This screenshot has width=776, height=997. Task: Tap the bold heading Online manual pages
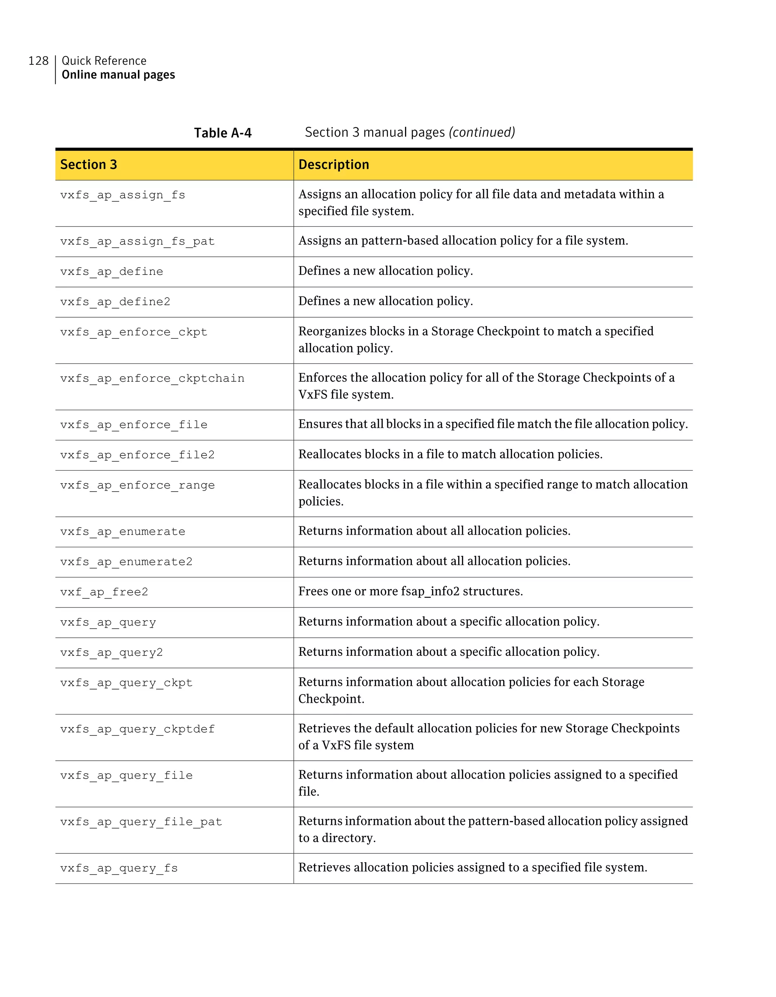pos(118,75)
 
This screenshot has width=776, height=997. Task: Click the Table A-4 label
pos(222,133)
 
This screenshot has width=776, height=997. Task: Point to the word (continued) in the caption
pos(482,133)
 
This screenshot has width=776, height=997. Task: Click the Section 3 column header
pos(89,165)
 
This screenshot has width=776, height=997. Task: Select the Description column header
pos(333,165)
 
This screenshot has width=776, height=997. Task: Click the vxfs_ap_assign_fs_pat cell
pos(137,242)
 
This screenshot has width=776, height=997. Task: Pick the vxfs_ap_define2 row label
pos(115,302)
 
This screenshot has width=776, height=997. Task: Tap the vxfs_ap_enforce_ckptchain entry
pos(152,378)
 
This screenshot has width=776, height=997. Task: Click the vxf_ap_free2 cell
pos(104,592)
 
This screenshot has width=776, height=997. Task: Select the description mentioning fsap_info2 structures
pos(410,591)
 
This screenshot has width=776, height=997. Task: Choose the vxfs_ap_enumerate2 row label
pos(126,562)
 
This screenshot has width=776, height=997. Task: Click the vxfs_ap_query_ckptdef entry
pos(137,730)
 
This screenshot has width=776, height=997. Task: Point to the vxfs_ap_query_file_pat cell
pos(141,822)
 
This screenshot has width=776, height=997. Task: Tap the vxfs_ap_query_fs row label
pos(119,868)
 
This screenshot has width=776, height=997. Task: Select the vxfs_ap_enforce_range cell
pos(137,485)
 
